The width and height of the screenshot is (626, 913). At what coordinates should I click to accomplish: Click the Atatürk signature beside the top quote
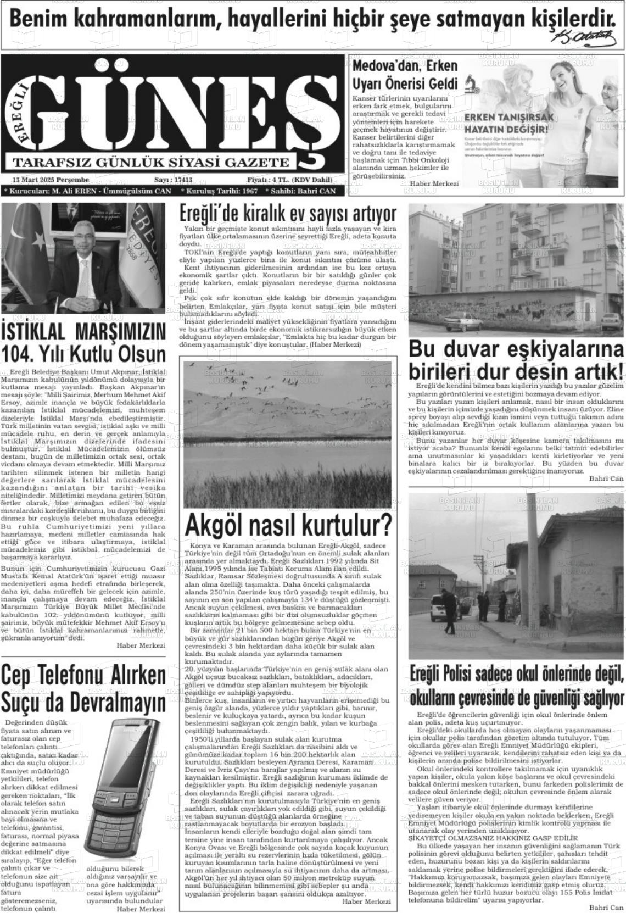586,37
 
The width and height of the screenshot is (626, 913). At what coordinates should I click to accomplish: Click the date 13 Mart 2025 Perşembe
51,180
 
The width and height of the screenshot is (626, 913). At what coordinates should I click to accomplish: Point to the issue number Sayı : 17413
173,180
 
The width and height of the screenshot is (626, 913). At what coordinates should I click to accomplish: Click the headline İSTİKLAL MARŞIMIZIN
83,332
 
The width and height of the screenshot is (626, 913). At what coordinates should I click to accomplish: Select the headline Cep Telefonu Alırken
83,676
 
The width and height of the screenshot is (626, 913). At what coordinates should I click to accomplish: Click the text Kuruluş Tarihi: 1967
219,191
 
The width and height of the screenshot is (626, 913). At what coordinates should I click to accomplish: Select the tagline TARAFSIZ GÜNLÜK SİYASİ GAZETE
150,162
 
